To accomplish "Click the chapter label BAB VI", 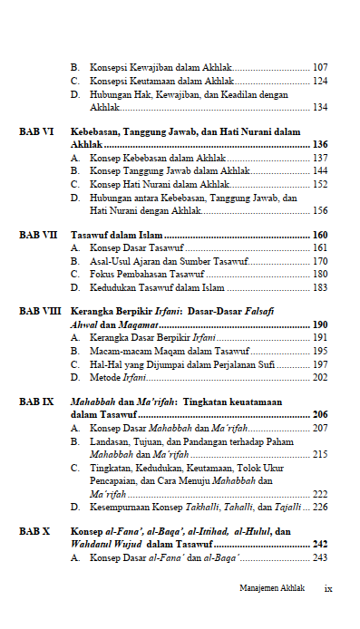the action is (x=37, y=131).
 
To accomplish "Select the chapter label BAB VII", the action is (x=39, y=235).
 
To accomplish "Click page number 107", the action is (x=320, y=67).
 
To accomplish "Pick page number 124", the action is (x=320, y=81).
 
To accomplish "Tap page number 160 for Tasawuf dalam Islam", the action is (x=320, y=235).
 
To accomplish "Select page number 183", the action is (x=320, y=288).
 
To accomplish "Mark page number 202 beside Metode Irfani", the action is (x=320, y=377).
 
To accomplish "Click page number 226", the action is (x=320, y=508).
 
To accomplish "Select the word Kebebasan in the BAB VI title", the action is (x=99, y=131).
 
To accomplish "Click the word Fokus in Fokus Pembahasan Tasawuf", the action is (x=103, y=275).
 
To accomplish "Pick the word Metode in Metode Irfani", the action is (x=106, y=377).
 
